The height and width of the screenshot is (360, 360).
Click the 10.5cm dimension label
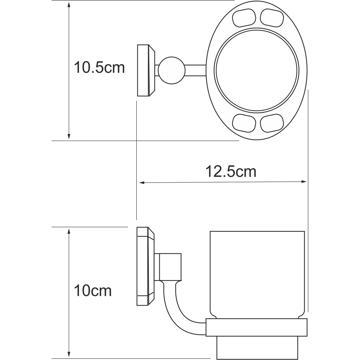click(x=99, y=68)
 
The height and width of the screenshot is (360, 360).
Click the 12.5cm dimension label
click(x=231, y=172)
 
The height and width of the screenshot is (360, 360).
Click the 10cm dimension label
click(x=93, y=291)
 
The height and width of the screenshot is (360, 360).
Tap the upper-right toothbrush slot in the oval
click(x=272, y=18)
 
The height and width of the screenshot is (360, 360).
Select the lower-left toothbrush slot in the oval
click(x=244, y=123)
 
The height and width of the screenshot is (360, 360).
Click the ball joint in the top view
click(x=172, y=70)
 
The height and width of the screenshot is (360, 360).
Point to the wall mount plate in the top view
click(x=146, y=70)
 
